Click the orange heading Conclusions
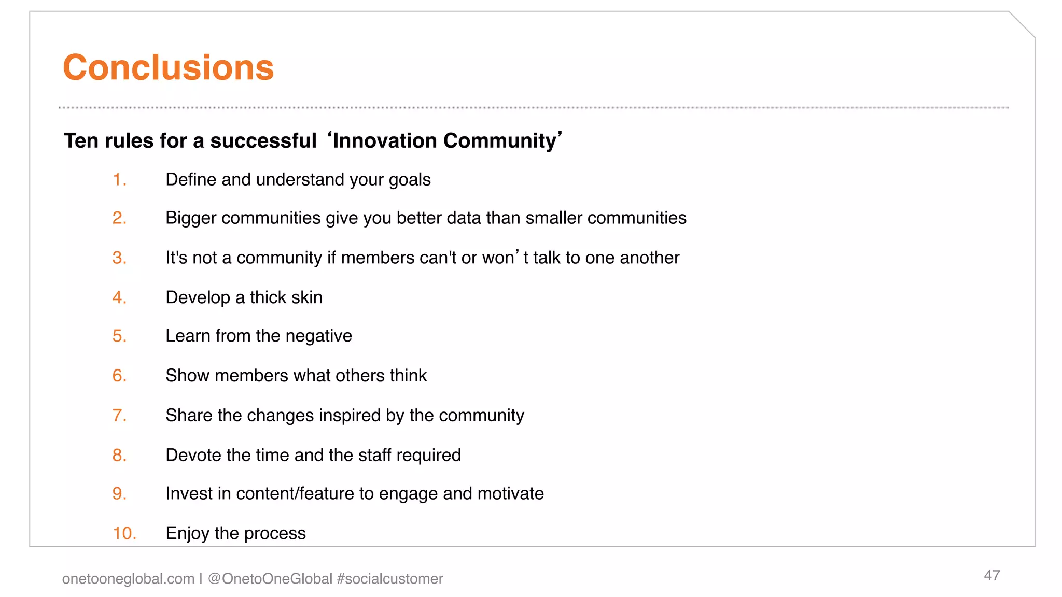(x=168, y=68)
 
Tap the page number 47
(x=991, y=575)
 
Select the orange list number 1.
(x=119, y=180)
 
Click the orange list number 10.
(x=124, y=533)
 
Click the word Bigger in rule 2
(x=191, y=218)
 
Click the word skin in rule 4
(x=306, y=297)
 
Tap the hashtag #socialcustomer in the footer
(x=390, y=579)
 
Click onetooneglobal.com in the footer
(x=128, y=579)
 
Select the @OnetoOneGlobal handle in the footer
(x=270, y=579)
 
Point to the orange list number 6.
(x=119, y=376)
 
